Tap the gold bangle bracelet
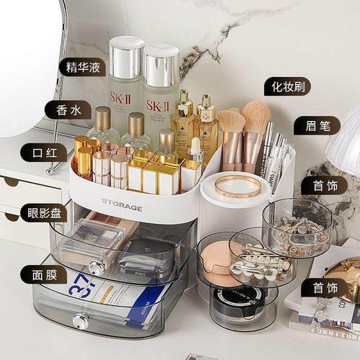[x=238, y=186]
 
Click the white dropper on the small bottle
[x=194, y=147]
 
